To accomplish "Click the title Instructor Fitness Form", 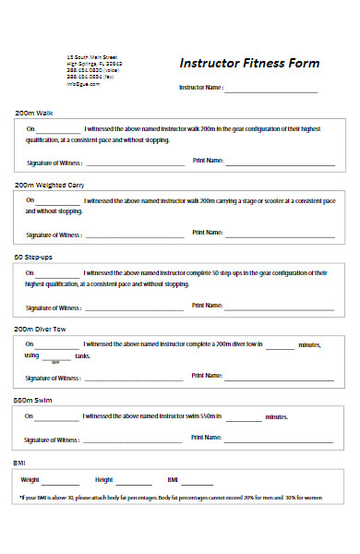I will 249,64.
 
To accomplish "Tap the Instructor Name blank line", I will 270,90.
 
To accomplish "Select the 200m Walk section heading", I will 34,113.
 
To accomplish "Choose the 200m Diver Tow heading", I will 42,328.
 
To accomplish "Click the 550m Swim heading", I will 33,400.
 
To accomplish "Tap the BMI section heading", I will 19,462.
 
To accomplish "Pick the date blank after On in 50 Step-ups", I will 58,274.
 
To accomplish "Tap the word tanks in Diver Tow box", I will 82,355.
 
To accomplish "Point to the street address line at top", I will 91,56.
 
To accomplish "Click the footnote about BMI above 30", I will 172,499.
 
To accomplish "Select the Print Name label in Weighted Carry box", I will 208,233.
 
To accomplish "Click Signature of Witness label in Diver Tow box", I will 54,379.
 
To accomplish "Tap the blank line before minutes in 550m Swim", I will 244,418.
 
